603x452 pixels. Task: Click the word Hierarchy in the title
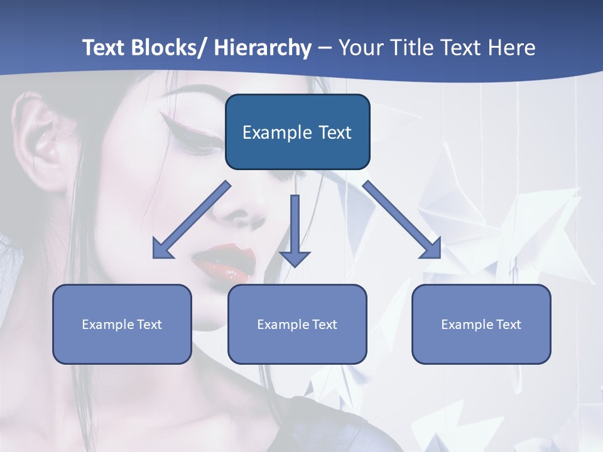click(x=263, y=48)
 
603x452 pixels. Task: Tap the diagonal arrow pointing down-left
click(x=192, y=220)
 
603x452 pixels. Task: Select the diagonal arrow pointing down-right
click(x=402, y=220)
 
